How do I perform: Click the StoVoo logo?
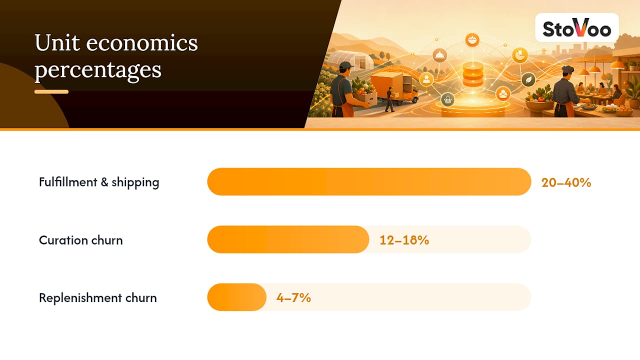577,27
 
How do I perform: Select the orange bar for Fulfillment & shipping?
369,181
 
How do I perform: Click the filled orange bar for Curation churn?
288,239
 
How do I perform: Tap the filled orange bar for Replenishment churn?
237,297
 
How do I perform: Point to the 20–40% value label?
566,182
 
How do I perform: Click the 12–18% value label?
404,240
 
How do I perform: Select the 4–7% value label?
293,298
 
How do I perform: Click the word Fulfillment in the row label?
68,182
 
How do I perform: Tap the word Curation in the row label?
63,240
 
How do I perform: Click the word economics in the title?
141,43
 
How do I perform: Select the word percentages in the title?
98,70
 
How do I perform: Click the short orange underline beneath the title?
51,91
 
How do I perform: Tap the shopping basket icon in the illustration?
447,99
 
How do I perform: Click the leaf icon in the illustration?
528,79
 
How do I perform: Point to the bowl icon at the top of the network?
472,39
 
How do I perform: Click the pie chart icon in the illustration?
519,55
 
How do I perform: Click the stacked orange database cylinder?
473,74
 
